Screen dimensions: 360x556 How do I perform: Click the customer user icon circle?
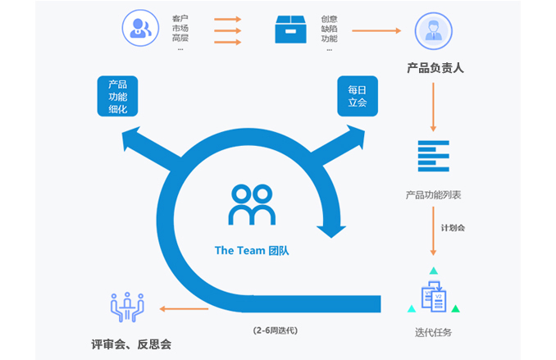point(140,30)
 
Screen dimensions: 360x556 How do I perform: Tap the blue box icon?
point(290,30)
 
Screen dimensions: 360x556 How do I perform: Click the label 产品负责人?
point(435,68)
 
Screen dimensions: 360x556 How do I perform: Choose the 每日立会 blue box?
point(357,96)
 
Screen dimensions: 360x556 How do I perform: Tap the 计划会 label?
point(452,227)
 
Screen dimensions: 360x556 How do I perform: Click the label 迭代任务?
point(433,332)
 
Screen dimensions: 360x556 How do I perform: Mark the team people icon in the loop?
point(252,206)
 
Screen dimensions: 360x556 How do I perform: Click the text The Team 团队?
point(251,251)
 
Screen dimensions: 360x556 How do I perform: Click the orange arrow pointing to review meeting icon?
point(184,308)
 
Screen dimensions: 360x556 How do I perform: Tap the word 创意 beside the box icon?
point(329,17)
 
